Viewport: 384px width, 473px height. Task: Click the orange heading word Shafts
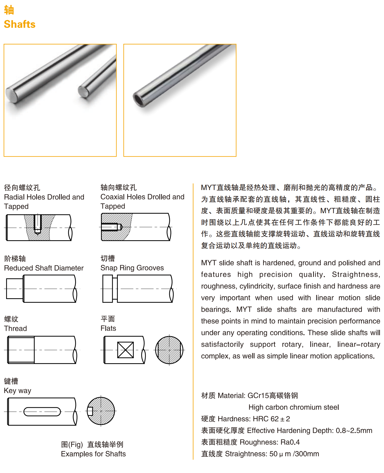(x=20, y=24)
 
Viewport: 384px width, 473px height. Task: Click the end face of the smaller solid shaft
(x=83, y=92)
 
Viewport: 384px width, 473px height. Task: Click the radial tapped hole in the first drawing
(x=37, y=224)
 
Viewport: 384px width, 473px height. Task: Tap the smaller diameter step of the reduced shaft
(x=15, y=289)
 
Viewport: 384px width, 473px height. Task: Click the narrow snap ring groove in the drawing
(x=115, y=289)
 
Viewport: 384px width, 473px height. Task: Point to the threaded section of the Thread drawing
(x=21, y=350)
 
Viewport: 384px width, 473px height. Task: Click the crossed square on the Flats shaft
(x=125, y=350)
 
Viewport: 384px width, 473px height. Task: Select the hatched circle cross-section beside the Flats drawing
(x=169, y=350)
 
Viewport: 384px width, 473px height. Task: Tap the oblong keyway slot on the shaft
(x=42, y=412)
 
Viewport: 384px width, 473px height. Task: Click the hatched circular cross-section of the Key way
(x=101, y=411)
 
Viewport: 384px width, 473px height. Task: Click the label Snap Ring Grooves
(x=132, y=268)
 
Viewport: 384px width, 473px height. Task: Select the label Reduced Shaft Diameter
(x=44, y=268)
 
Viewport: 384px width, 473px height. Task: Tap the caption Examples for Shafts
(x=93, y=454)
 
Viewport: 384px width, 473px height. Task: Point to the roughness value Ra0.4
(x=290, y=442)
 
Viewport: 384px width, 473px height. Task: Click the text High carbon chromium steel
(x=293, y=407)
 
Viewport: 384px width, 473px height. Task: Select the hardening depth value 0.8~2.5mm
(x=354, y=431)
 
